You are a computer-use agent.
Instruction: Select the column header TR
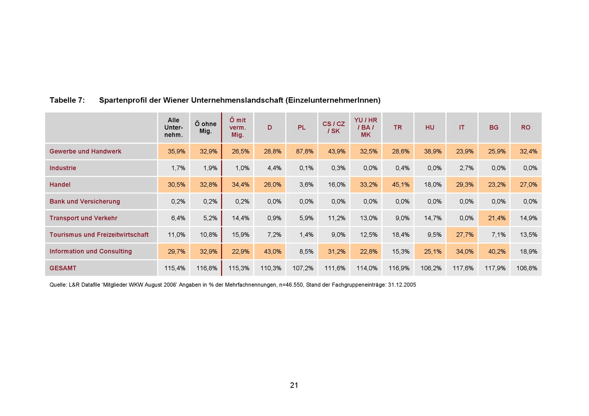(x=398, y=127)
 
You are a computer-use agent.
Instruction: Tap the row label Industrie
(x=63, y=168)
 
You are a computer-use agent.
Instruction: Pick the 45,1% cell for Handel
(x=401, y=185)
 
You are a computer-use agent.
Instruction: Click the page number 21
(x=294, y=385)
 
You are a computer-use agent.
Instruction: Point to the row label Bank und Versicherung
(x=85, y=201)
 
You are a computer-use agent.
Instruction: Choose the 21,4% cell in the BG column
(x=497, y=218)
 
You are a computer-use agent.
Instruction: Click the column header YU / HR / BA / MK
(x=366, y=127)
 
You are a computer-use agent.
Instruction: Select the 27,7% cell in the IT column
(x=465, y=235)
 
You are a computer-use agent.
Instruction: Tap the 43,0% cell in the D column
(x=272, y=251)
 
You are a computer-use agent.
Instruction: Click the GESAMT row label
(x=63, y=268)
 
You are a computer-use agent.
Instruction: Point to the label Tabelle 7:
(x=67, y=100)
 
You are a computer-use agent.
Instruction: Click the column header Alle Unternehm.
(x=173, y=127)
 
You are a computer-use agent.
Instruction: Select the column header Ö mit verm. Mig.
(x=238, y=127)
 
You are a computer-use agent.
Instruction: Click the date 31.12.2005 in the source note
(x=402, y=285)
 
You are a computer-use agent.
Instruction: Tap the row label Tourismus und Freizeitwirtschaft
(x=99, y=235)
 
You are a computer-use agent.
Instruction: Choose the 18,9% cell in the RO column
(x=529, y=251)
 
